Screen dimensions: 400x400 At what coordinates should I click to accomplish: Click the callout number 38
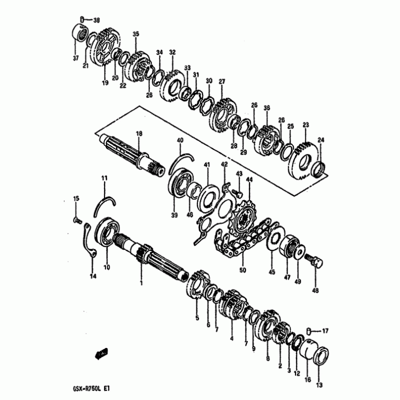96,20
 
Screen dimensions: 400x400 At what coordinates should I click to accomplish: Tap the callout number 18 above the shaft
139,133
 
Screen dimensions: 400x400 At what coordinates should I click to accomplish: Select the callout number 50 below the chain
242,269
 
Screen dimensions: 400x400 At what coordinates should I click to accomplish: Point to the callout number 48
315,290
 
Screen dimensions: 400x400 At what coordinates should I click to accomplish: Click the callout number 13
319,385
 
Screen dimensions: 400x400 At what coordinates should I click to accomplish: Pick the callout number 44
249,180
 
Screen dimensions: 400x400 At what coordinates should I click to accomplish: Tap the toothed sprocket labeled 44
242,218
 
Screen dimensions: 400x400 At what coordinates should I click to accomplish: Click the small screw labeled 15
77,220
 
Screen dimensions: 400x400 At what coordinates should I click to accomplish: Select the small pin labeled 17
308,331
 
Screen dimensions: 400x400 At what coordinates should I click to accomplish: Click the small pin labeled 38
82,19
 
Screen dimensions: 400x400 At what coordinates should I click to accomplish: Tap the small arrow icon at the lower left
101,353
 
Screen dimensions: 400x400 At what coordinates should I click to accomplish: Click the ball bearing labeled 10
107,231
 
